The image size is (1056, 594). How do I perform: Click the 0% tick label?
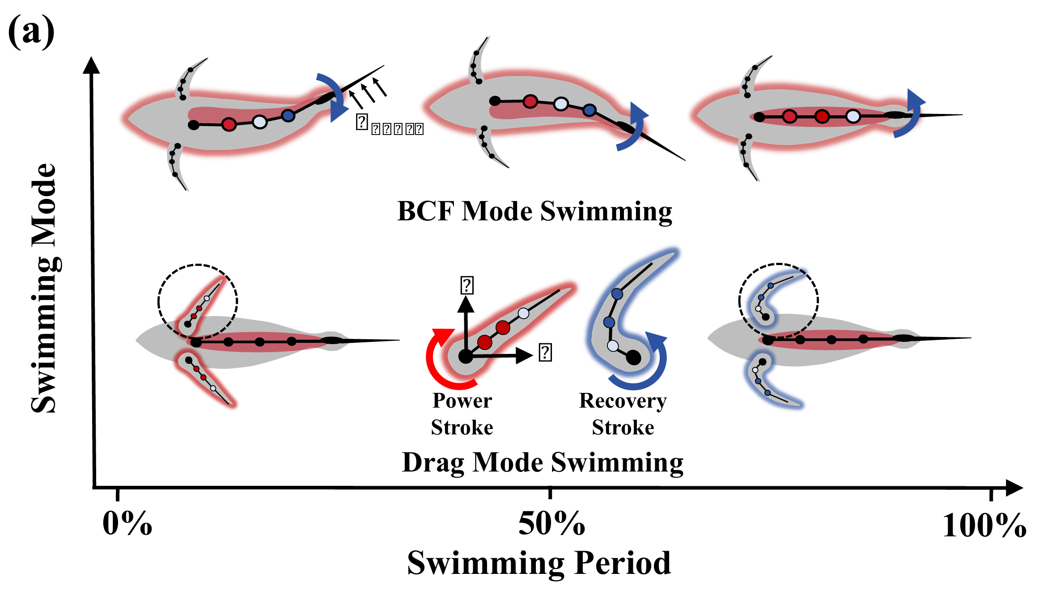127,523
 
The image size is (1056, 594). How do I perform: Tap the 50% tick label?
551,523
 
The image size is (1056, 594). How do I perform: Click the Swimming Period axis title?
539,563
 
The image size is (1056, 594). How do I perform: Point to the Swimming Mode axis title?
44,288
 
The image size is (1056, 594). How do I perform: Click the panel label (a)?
31,31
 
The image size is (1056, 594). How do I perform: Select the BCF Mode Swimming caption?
534,211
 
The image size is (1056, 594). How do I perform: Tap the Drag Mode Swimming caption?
543,462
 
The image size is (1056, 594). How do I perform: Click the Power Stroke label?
462,414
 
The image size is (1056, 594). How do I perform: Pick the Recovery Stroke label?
623,414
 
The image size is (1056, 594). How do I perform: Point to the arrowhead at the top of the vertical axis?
91,66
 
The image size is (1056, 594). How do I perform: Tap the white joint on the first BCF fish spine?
259,121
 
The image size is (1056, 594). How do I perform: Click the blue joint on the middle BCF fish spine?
589,110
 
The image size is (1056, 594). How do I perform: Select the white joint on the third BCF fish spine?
853,117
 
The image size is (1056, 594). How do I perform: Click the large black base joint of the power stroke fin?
466,356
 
